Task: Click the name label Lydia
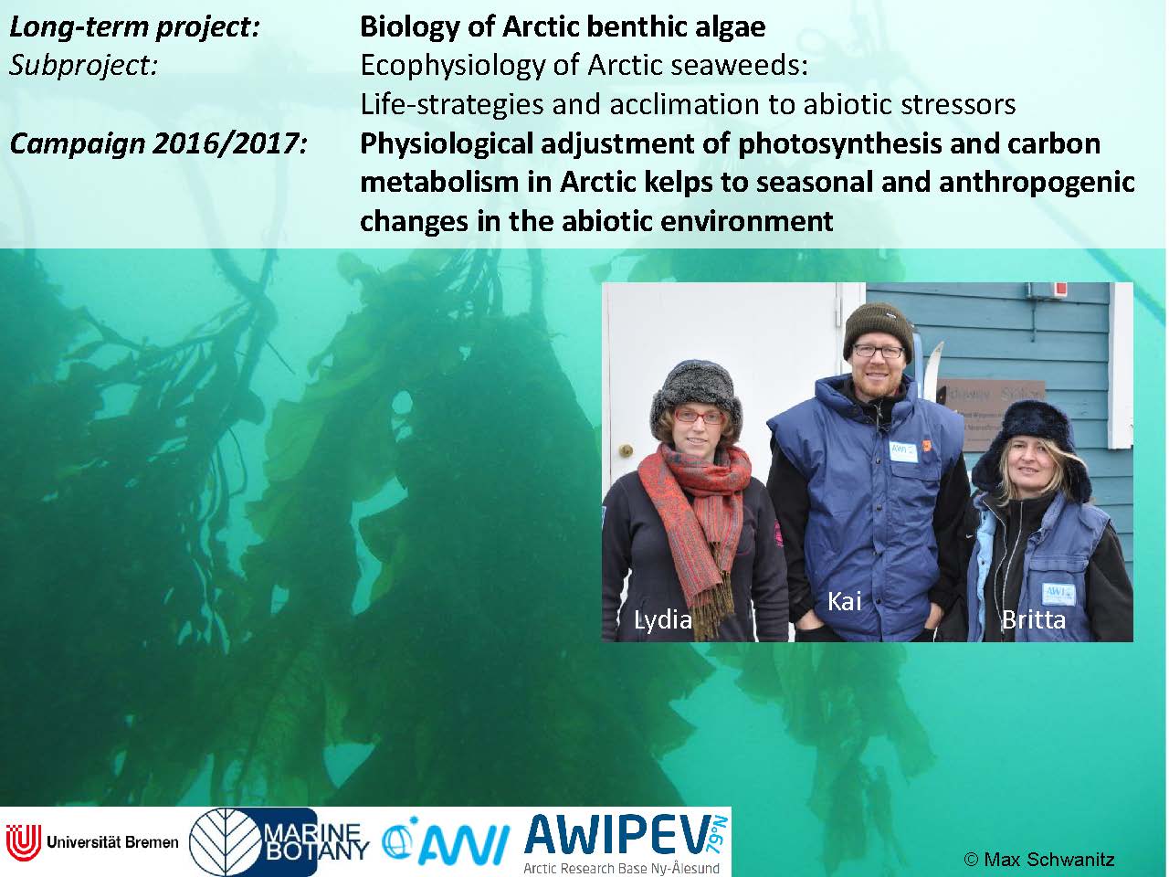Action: pyautogui.click(x=662, y=620)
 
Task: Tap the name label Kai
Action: pyautogui.click(x=845, y=602)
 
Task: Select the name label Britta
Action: pyautogui.click(x=1034, y=619)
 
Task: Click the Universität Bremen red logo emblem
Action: pyautogui.click(x=23, y=842)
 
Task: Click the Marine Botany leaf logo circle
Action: pyautogui.click(x=227, y=842)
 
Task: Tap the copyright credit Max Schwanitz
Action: pyautogui.click(x=1038, y=859)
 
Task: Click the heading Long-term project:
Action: pyautogui.click(x=134, y=26)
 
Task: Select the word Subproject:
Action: pyautogui.click(x=84, y=66)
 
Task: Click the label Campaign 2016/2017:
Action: pyautogui.click(x=159, y=143)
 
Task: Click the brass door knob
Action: pyautogui.click(x=626, y=450)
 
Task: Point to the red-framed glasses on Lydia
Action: pyautogui.click(x=699, y=417)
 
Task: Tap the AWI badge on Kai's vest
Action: pyautogui.click(x=902, y=452)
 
